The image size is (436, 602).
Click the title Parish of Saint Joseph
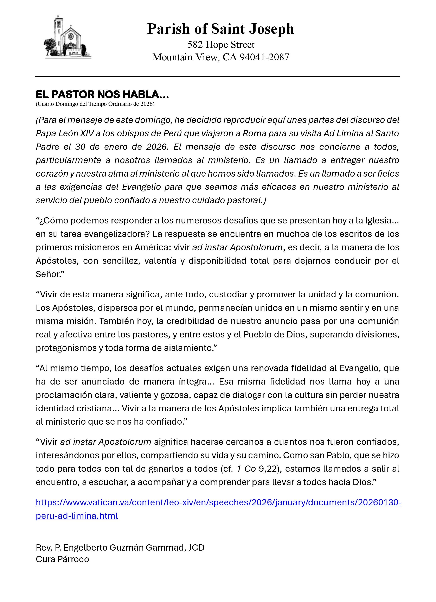click(220, 29)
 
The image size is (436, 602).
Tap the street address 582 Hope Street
click(221, 45)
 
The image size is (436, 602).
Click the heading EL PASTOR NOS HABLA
click(102, 94)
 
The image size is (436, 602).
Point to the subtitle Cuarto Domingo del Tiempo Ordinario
click(95, 104)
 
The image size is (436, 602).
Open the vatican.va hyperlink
click(218, 502)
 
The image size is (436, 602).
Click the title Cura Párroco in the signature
click(62, 559)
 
